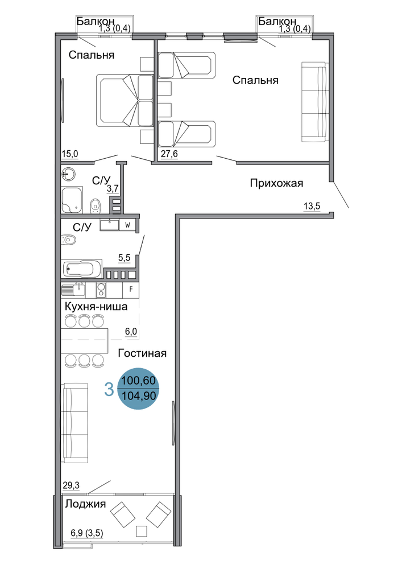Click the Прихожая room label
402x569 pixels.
(x=276, y=183)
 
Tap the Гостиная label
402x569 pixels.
(x=142, y=353)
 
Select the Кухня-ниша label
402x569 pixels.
(x=96, y=307)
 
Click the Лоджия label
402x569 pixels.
(x=85, y=504)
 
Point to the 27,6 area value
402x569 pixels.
(x=169, y=154)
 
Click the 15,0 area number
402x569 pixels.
(x=69, y=154)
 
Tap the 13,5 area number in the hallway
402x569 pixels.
(x=312, y=207)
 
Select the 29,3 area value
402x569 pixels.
(x=71, y=485)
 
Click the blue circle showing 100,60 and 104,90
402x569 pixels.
(x=139, y=389)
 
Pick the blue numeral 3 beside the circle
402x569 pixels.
(x=109, y=390)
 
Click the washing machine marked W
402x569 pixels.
(x=127, y=225)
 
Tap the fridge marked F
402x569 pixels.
(x=131, y=289)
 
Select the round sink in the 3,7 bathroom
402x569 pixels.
(x=68, y=174)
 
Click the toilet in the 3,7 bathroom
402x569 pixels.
(x=96, y=205)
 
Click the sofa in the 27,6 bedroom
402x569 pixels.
(x=315, y=102)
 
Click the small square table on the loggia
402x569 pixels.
(x=142, y=531)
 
